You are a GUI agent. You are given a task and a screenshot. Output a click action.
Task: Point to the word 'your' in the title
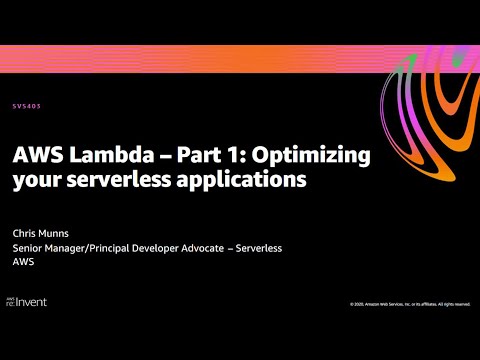(32, 181)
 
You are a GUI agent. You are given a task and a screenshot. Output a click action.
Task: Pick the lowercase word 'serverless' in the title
(104, 181)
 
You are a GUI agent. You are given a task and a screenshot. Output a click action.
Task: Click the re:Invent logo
(27, 300)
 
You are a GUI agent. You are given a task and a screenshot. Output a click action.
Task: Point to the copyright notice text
(411, 303)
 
